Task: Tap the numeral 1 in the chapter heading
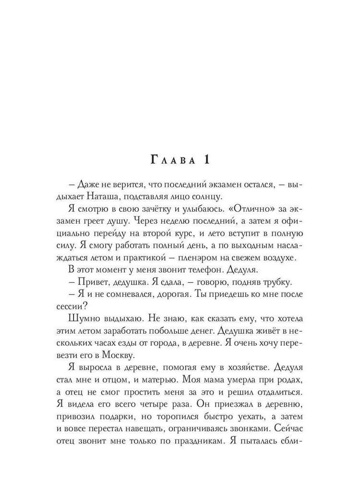pyautogui.click(x=206, y=159)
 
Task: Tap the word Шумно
pyautogui.click(x=88, y=320)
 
